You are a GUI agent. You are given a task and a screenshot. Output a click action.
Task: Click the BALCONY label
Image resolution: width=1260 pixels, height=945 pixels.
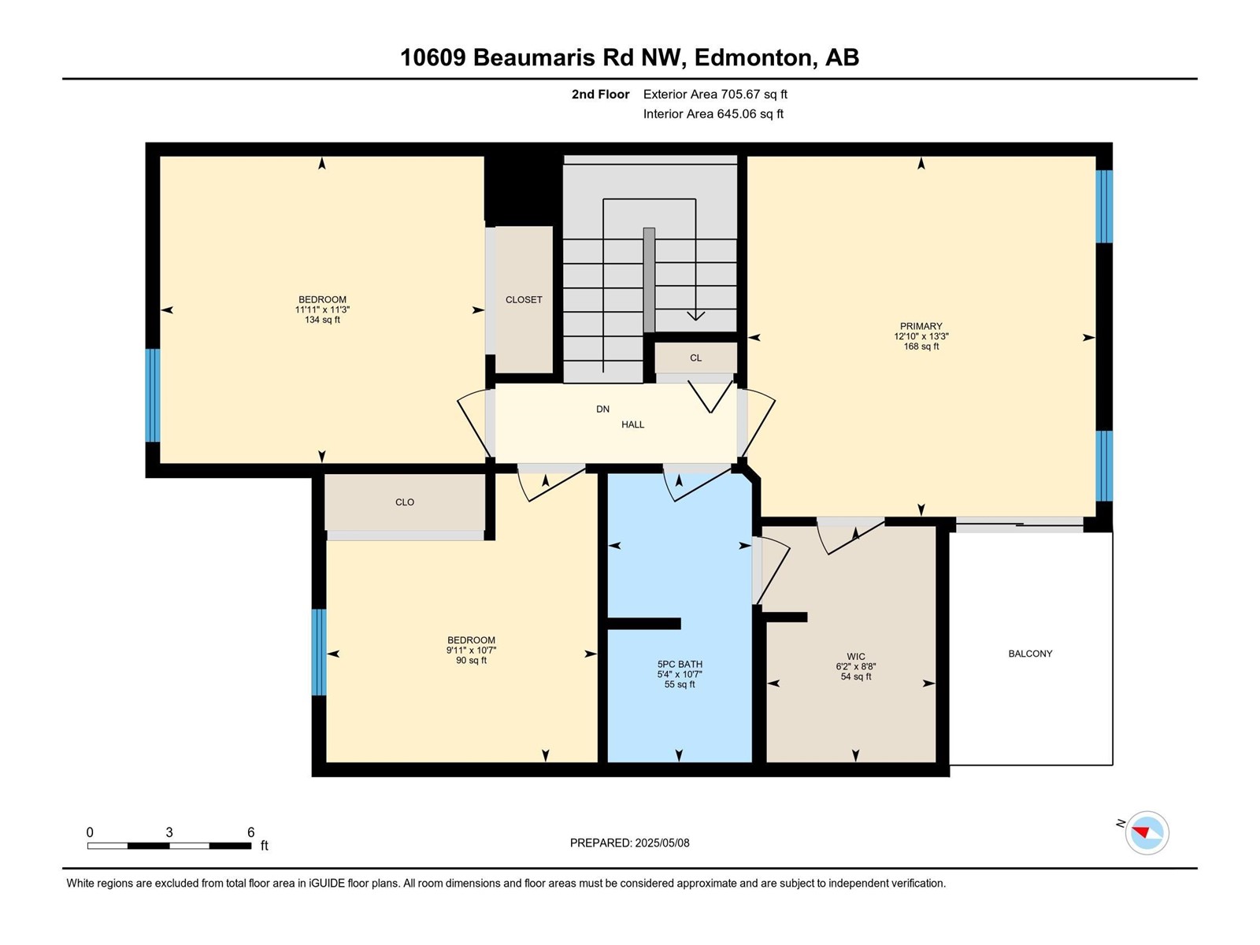coord(1030,654)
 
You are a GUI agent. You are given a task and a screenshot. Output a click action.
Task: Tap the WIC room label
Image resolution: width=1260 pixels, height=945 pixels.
coord(855,657)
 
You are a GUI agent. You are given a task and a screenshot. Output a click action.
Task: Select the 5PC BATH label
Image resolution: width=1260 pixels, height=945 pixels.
coord(680,665)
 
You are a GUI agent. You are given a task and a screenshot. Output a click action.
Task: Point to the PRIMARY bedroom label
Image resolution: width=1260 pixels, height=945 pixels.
coord(921,326)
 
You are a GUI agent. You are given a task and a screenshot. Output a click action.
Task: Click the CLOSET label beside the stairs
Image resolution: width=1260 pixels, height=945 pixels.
coord(524,299)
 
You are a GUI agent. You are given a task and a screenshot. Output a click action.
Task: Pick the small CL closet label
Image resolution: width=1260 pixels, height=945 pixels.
coord(695,358)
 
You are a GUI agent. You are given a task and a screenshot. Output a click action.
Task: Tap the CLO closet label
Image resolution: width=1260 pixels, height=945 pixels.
coord(405,502)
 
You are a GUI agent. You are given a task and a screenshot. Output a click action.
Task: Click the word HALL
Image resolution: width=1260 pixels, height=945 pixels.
coord(632,424)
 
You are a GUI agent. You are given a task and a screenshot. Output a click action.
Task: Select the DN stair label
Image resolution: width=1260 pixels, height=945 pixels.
coord(602,409)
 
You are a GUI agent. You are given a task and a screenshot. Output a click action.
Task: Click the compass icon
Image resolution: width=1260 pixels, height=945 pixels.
coord(1147,832)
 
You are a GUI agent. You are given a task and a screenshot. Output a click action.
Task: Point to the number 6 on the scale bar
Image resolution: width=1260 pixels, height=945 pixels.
coord(251,832)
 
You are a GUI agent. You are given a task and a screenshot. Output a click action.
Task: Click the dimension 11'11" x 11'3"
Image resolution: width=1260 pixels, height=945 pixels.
coord(322,309)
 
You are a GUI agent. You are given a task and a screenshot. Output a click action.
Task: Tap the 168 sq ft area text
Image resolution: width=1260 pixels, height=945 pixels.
coord(921,346)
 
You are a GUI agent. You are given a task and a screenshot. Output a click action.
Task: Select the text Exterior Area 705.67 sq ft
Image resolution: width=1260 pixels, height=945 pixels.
coord(715,94)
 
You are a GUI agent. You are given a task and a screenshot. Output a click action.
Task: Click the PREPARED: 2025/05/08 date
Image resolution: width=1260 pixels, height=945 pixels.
coord(630,843)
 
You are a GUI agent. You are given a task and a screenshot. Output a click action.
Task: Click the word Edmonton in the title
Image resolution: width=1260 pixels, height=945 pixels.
coord(753,58)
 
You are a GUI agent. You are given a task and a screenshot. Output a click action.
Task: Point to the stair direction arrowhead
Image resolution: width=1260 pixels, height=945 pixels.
coord(695,316)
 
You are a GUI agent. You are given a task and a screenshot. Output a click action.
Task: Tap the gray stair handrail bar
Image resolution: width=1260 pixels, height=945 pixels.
coord(649,280)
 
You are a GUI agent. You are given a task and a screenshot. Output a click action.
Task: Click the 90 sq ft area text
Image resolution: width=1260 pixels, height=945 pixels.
coord(471,661)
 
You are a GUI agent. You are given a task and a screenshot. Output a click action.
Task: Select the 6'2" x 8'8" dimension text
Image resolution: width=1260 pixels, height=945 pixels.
coord(855,667)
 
